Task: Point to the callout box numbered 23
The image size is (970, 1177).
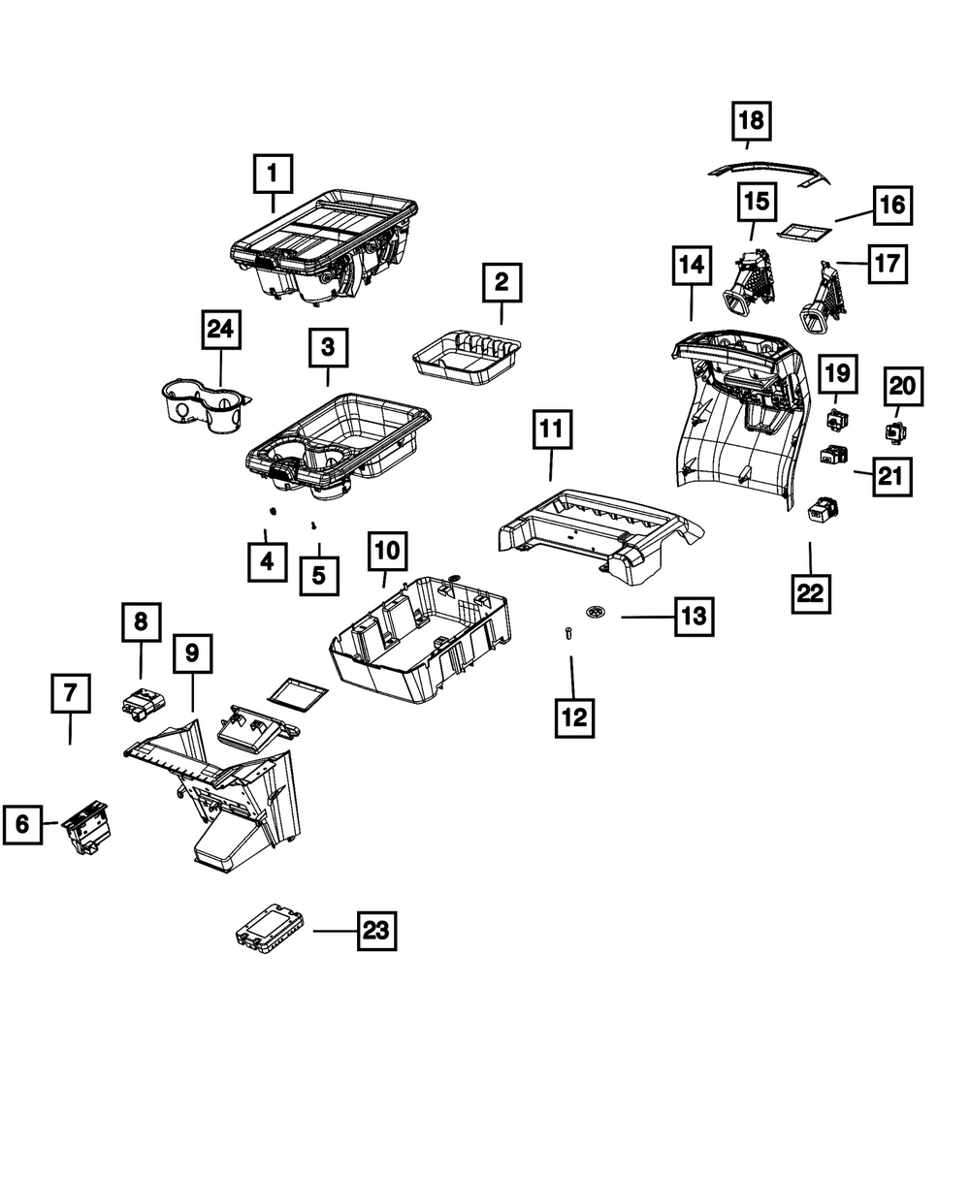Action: pos(376,931)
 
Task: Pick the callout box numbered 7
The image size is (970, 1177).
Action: pos(71,694)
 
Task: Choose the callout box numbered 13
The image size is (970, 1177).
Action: pos(695,616)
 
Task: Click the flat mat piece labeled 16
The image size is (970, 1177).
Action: pos(806,232)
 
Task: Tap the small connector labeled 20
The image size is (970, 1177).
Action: pos(892,429)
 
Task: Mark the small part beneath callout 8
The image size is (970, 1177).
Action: pos(143,702)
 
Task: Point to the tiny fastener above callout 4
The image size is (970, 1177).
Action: pos(273,511)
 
